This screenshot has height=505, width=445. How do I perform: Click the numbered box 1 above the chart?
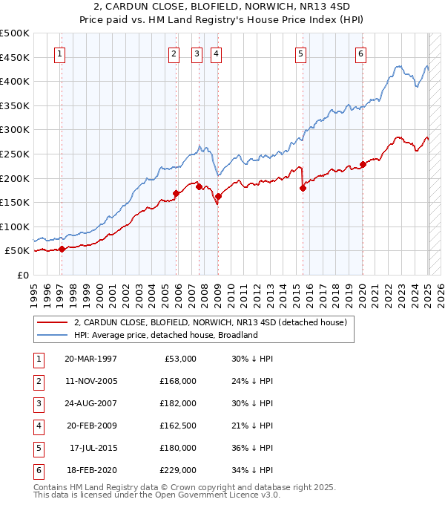(59, 53)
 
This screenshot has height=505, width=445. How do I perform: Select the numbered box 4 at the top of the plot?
(215, 53)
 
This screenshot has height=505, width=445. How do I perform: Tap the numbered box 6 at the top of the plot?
(360, 53)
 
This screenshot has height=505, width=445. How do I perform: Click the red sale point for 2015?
(303, 189)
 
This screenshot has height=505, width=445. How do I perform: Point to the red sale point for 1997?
(62, 250)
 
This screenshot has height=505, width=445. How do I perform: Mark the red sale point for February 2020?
(363, 164)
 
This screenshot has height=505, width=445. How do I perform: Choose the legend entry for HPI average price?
(165, 335)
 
